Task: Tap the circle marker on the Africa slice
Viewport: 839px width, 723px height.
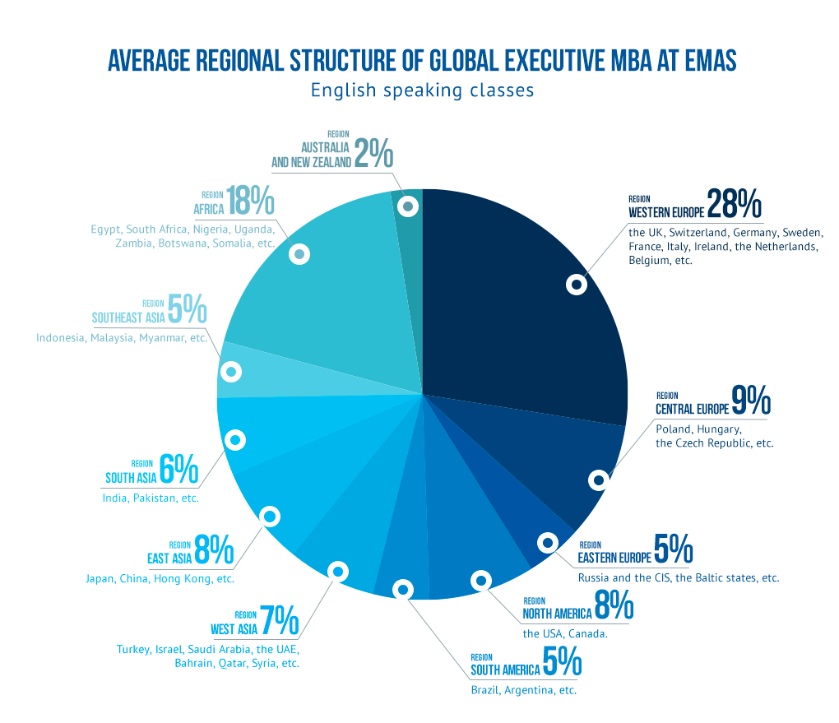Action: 300,254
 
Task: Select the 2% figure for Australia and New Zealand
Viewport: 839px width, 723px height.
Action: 374,154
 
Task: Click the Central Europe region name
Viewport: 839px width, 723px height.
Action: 691,410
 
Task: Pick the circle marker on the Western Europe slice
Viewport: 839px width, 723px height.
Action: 577,285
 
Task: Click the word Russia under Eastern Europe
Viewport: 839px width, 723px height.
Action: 594,578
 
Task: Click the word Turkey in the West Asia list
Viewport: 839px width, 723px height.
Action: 133,650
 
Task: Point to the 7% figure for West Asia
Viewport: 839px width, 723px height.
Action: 279,622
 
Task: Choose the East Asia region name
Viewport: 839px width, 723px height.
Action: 169,559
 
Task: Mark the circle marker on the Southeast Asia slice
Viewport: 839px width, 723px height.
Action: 232,372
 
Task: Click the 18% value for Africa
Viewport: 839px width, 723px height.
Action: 251,201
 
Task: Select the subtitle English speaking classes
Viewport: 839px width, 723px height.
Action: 422,90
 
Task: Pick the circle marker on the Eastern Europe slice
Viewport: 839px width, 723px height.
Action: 548,543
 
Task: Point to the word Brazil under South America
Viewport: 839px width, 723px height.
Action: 484,690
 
